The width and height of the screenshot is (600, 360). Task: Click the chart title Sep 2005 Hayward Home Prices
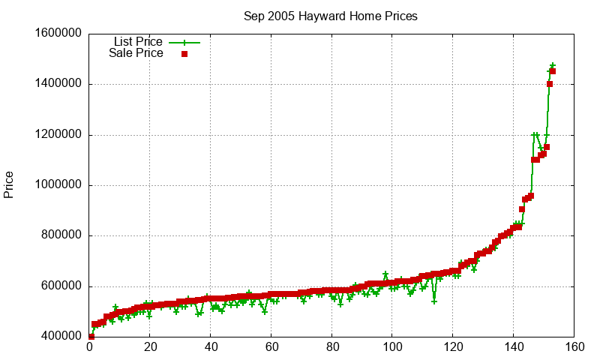(x=331, y=16)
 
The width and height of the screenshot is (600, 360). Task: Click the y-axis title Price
(x=9, y=184)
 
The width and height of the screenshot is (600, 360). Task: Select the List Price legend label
(x=138, y=41)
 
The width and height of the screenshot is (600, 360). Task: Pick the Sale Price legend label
(x=136, y=53)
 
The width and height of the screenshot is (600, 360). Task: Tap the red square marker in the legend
(x=184, y=54)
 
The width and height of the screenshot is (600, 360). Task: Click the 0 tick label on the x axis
(x=90, y=347)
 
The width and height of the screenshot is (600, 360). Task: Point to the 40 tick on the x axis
(x=211, y=347)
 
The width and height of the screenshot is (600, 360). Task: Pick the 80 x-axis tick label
(x=332, y=347)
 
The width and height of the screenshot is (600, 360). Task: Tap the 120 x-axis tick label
(x=453, y=347)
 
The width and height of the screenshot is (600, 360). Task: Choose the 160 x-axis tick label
(x=574, y=347)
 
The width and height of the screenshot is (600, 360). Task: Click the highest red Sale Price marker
(x=553, y=71)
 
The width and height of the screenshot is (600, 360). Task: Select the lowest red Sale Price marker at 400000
(x=91, y=337)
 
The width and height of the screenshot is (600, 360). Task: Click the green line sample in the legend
(x=184, y=42)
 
